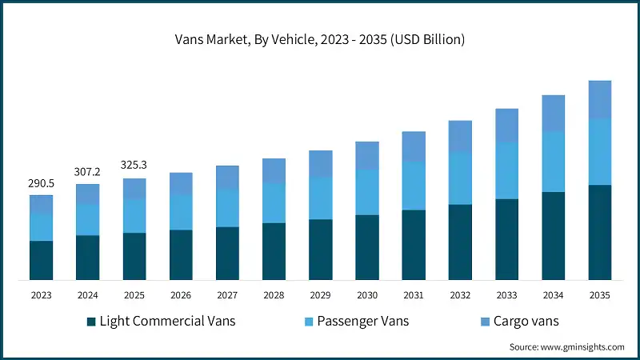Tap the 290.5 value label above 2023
(41, 183)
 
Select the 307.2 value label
(87, 172)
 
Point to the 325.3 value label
(134, 166)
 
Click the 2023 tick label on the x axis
(41, 295)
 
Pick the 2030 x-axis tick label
(367, 295)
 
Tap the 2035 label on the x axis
(599, 295)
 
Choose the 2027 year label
(227, 295)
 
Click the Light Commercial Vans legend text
(167, 322)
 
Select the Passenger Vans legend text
(363, 322)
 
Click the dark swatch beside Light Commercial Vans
(90, 322)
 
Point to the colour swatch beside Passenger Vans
(308, 322)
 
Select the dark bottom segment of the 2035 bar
(599, 232)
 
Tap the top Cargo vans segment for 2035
(599, 99)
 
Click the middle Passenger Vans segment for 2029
(320, 198)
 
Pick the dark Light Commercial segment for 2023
(41, 260)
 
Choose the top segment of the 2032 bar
(460, 136)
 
